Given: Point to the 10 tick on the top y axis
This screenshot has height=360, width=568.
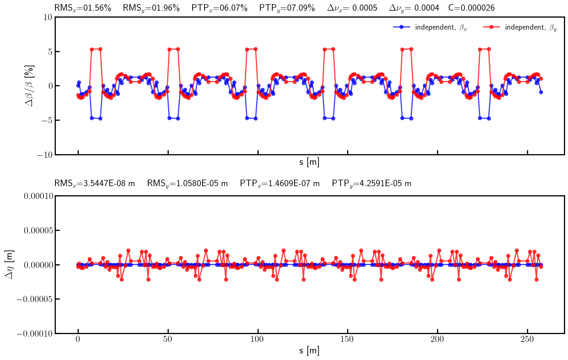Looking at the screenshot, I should [48, 17].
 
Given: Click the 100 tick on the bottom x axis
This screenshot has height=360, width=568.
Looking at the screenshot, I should [258, 339].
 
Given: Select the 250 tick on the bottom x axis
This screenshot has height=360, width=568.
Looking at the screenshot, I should [527, 339].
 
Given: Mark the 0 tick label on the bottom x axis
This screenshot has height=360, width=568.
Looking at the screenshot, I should [78, 339].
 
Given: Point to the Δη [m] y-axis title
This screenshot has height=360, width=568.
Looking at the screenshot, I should [9, 265].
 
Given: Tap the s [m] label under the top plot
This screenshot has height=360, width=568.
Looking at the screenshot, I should [309, 162].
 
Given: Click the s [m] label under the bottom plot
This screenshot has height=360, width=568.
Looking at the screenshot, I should [309, 351].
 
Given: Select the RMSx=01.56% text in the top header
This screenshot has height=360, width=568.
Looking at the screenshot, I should [83, 8].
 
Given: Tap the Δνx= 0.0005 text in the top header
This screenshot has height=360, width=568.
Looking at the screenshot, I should [352, 8].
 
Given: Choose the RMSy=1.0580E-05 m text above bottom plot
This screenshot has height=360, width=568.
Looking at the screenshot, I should [187, 183].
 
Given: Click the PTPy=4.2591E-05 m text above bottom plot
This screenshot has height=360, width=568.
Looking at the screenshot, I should [371, 183].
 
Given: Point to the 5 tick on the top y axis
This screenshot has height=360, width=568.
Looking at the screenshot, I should [48, 51].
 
